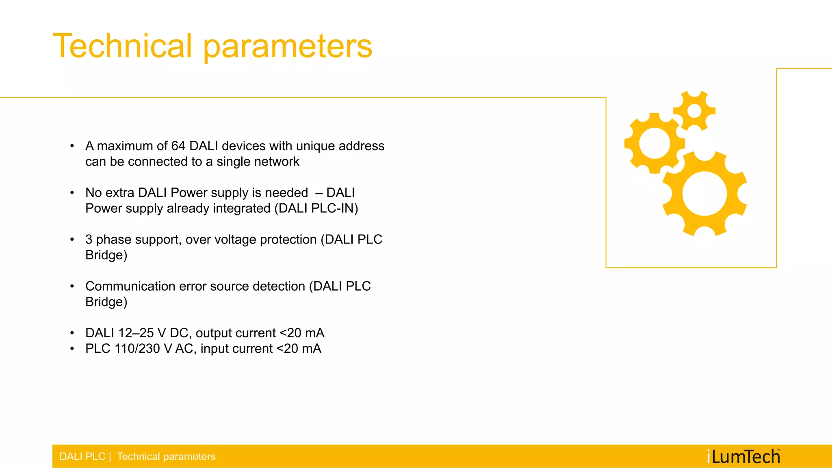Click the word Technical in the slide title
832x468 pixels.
122,46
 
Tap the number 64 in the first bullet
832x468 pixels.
178,146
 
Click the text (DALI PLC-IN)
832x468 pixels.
316,209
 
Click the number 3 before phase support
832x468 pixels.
89,239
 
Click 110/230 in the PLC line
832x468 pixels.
137,349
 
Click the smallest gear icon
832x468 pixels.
694,111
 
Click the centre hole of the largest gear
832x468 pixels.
704,194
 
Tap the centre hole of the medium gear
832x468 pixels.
654,143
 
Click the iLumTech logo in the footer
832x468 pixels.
743,457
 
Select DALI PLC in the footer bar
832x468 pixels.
82,457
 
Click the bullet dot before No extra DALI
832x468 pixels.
72,193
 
